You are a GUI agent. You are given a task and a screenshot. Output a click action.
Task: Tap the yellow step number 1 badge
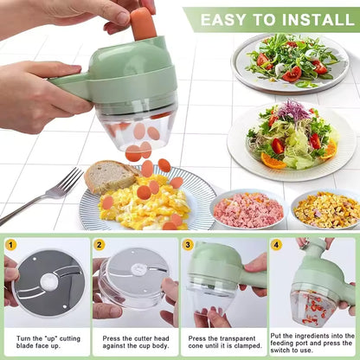[11, 245]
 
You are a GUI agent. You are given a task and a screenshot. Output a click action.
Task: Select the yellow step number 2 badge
[100, 245]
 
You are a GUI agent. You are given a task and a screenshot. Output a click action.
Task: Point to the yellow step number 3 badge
[188, 245]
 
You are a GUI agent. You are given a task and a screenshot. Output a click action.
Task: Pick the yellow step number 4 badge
[276, 245]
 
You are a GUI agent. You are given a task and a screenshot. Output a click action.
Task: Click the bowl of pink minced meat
[248, 209]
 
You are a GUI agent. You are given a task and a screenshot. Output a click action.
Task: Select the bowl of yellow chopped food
[326, 209]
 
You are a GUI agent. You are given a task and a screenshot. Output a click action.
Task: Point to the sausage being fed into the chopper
[144, 23]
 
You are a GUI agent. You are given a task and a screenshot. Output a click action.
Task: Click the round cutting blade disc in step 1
[48, 283]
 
